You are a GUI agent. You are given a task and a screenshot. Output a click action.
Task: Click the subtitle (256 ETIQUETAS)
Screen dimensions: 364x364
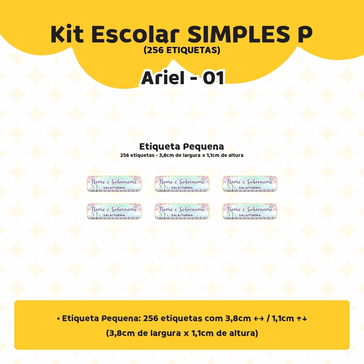tap(182, 50)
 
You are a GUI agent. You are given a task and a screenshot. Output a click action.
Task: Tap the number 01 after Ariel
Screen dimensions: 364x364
tap(214, 78)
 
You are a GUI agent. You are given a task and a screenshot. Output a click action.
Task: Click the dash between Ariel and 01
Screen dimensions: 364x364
tap(193, 79)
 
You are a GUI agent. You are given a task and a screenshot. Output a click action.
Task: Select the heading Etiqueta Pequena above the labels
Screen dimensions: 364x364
tap(182, 147)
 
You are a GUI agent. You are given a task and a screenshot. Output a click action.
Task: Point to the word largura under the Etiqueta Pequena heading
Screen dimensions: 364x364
tap(191, 155)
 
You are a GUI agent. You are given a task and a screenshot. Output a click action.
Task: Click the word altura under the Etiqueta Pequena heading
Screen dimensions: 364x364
tap(235, 155)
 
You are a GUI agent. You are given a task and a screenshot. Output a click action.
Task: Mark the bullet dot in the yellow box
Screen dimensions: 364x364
tap(59, 319)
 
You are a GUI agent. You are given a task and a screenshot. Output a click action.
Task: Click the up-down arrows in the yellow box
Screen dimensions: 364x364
tap(302, 319)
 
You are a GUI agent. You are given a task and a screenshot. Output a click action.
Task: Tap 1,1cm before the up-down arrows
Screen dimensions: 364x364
tap(283, 318)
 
